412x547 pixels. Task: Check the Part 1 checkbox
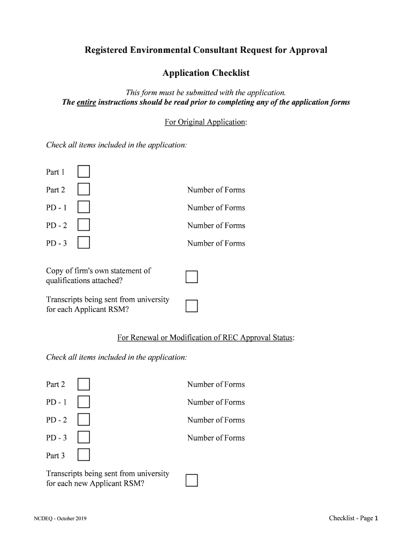coord(83,171)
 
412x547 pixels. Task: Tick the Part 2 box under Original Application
coord(83,190)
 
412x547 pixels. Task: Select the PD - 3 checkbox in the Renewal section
coord(83,437)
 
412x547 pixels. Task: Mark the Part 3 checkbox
coord(83,455)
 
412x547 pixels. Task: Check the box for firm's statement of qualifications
coord(192,277)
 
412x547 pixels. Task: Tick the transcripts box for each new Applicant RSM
coord(192,480)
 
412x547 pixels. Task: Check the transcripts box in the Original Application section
coord(192,306)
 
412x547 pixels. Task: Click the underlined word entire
coord(86,102)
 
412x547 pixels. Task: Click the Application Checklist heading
coord(206,73)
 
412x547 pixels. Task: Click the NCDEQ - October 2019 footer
coord(60,519)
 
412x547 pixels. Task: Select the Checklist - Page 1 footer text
coord(354,518)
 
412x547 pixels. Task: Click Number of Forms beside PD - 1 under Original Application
coord(216,208)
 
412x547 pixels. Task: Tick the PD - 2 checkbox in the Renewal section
coord(83,420)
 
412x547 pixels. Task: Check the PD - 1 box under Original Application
coord(83,207)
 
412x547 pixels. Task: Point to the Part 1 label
coord(56,172)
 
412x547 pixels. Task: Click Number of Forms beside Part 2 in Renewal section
coord(216,385)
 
